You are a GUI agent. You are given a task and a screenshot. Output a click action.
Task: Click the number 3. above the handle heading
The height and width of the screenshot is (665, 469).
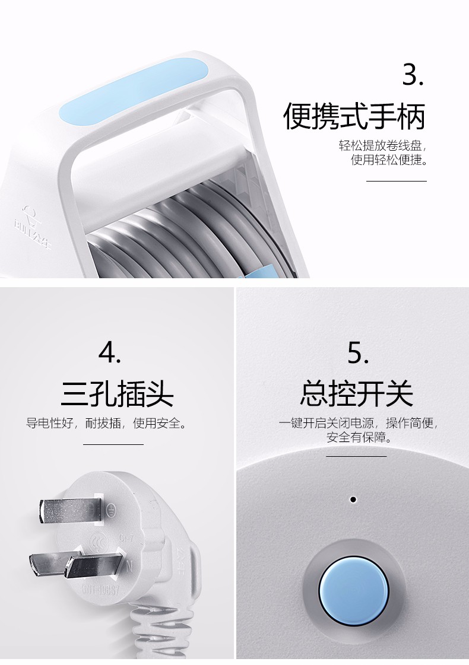point(413,75)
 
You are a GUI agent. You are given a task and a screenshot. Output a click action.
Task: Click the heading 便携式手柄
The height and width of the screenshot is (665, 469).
point(354,116)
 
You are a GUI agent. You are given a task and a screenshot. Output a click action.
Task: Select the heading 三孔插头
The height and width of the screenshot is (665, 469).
point(117,393)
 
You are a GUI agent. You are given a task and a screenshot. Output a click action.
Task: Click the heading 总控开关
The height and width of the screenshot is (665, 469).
point(357,393)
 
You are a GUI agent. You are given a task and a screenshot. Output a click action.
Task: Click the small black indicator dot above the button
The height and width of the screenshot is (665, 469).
point(353,499)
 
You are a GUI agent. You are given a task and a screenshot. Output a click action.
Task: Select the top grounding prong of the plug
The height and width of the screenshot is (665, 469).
point(71,511)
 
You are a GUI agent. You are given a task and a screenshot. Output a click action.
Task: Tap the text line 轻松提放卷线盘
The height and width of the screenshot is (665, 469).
point(382,145)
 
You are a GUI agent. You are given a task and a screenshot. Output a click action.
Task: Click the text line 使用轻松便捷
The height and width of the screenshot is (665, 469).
point(389,160)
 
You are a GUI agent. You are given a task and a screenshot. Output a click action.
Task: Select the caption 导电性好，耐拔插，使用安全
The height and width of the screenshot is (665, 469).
point(106,423)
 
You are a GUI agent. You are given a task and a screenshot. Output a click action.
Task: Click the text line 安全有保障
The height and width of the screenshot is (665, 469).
point(359,437)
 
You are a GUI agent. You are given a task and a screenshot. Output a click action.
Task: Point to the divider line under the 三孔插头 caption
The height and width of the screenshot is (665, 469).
point(113,444)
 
